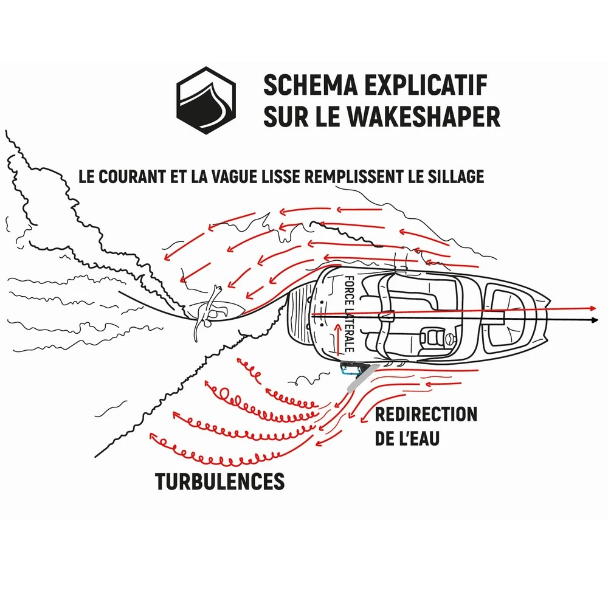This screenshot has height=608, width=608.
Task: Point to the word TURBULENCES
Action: pos(219,481)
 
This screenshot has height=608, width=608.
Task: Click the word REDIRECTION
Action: pos(426,415)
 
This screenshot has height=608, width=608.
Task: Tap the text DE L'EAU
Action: pos(407,439)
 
